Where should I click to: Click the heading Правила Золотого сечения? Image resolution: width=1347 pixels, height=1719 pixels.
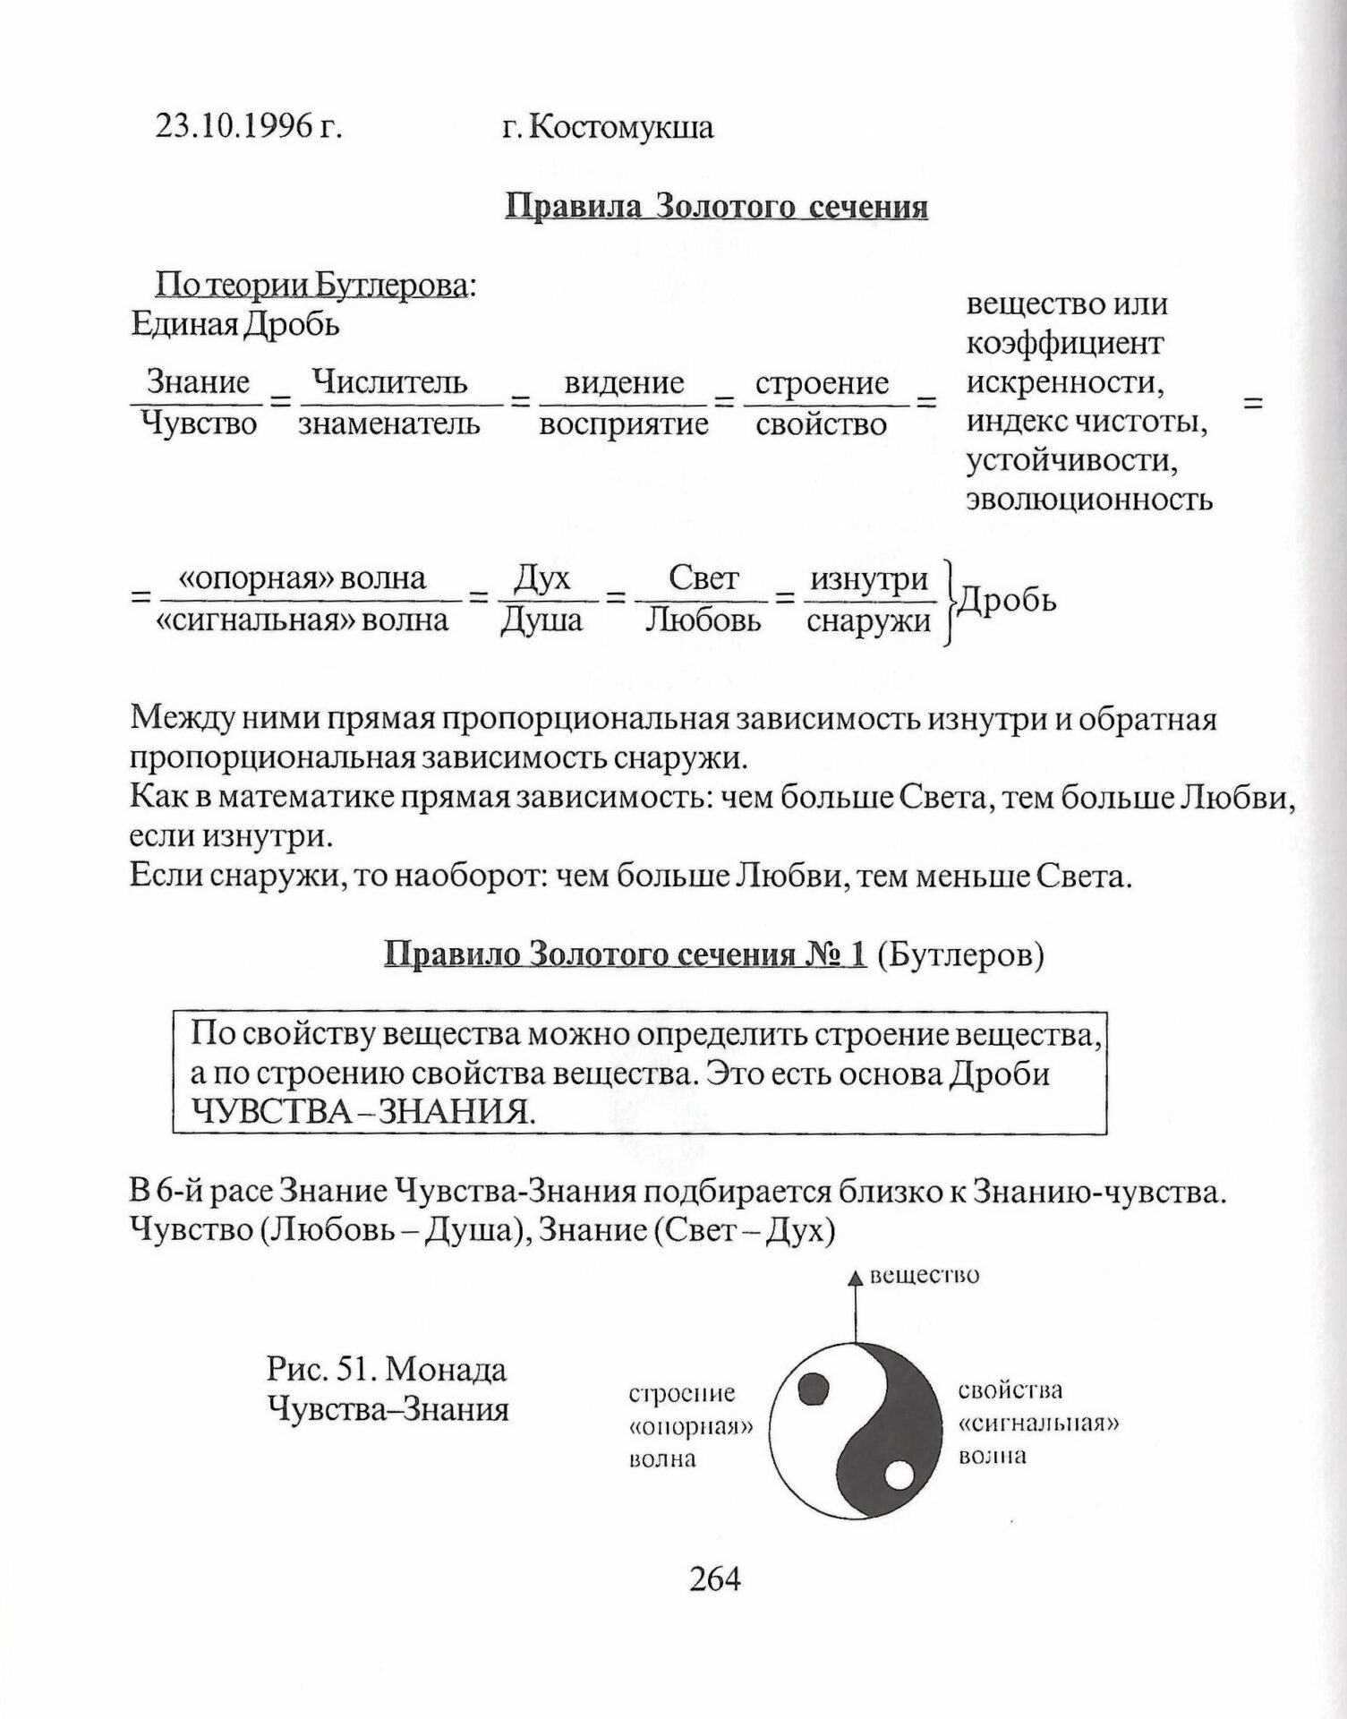click(717, 207)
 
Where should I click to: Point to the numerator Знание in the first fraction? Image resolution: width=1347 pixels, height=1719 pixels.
click(198, 383)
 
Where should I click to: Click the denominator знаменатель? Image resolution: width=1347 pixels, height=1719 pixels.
click(389, 423)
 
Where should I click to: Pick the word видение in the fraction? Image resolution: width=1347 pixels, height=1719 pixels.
click(624, 383)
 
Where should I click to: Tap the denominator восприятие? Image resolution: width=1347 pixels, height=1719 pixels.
click(624, 423)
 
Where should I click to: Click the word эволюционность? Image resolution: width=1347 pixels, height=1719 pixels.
click(1089, 500)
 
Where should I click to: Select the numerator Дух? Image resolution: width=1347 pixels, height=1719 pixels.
click(542, 578)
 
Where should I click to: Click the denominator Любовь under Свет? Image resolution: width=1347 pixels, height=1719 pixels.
click(703, 620)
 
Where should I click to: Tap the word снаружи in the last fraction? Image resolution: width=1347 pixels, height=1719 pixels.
click(868, 620)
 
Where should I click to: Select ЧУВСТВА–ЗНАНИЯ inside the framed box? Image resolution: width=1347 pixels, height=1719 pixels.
click(364, 1112)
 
